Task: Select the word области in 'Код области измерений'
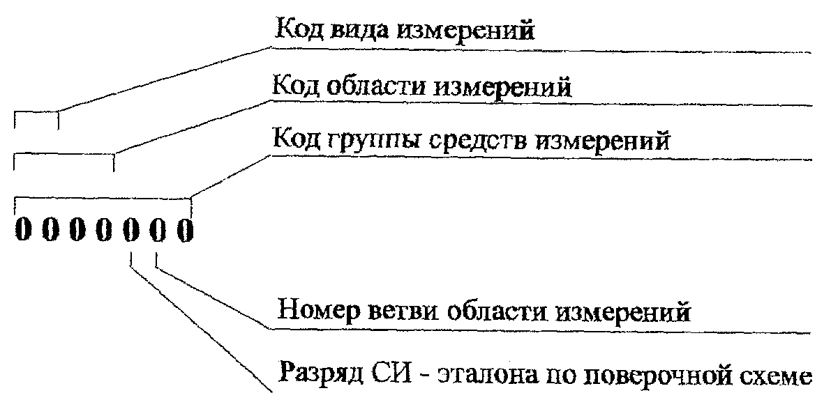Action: click(x=373, y=88)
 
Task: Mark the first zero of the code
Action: click(x=22, y=229)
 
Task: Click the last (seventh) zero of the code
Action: click(x=184, y=229)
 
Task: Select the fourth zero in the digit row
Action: click(x=103, y=229)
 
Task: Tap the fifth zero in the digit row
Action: click(x=130, y=229)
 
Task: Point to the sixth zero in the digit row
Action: click(x=158, y=229)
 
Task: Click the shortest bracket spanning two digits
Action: click(x=36, y=114)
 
